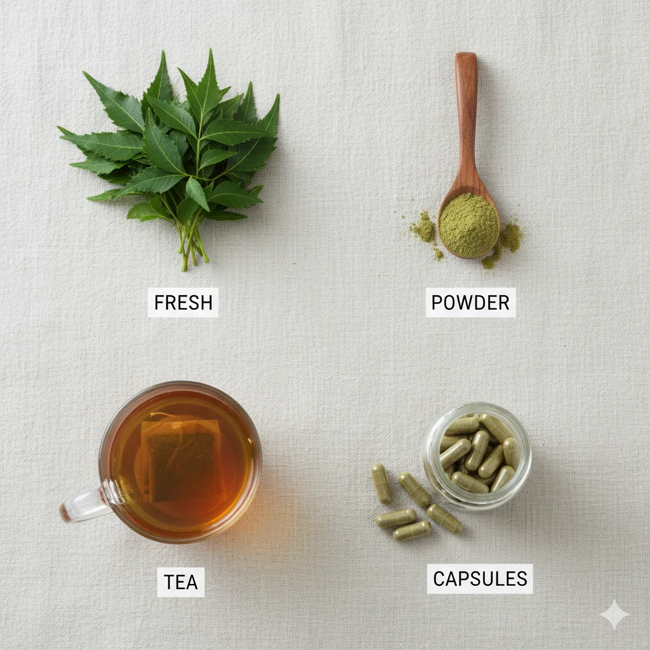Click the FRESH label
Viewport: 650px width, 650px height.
[183, 302]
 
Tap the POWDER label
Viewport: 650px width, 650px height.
[470, 302]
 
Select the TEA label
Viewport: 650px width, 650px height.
[181, 582]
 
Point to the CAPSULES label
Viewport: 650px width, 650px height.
[480, 579]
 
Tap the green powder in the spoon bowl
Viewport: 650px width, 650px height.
[468, 225]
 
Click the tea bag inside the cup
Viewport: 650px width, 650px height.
[182, 460]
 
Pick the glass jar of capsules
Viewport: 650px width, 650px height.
[477, 456]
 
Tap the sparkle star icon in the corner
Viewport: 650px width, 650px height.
[614, 614]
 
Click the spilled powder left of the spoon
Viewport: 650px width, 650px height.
[423, 227]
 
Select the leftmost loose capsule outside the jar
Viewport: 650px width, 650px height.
[381, 484]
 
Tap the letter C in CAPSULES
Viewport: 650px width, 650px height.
[439, 579]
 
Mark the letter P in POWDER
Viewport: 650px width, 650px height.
[437, 303]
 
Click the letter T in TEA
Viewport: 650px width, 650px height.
[169, 582]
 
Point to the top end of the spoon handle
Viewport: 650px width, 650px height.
[467, 53]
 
